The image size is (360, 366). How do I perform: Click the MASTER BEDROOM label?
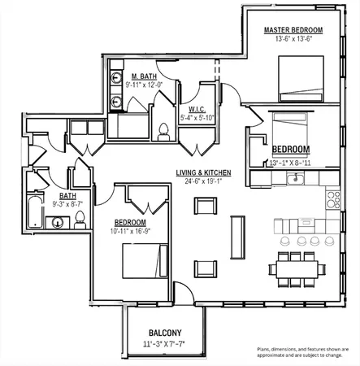click(293, 30)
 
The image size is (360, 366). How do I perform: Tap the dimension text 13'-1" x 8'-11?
click(290, 161)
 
